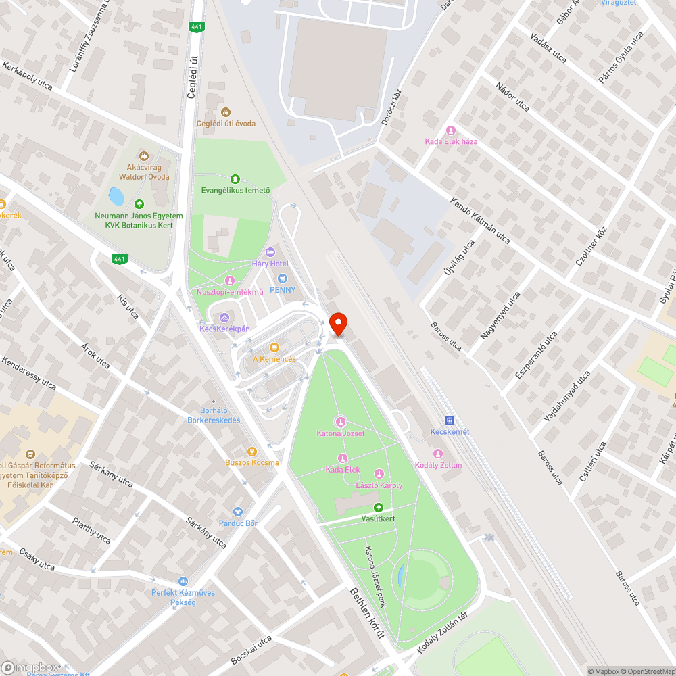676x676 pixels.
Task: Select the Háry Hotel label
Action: tap(270, 263)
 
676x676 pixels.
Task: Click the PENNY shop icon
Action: tap(283, 279)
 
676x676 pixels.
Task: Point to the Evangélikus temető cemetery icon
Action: tap(235, 179)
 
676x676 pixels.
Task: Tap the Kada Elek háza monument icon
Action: tap(451, 130)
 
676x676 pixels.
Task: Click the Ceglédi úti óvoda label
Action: tap(226, 123)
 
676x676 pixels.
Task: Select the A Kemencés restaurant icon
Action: tap(274, 347)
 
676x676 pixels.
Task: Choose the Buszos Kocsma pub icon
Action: tap(252, 451)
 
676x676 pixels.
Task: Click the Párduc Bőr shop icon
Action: tap(238, 512)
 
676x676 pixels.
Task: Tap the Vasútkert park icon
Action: tap(378, 508)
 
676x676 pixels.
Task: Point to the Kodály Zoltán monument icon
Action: tap(438, 454)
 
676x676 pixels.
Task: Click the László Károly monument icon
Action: tap(379, 474)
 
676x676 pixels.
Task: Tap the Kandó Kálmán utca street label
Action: tap(480, 221)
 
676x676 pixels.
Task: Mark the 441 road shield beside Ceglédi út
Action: tap(195, 26)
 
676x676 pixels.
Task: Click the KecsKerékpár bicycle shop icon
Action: tap(224, 317)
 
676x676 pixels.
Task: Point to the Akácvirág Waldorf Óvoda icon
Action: tap(143, 155)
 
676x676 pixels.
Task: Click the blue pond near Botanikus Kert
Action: tap(116, 197)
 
